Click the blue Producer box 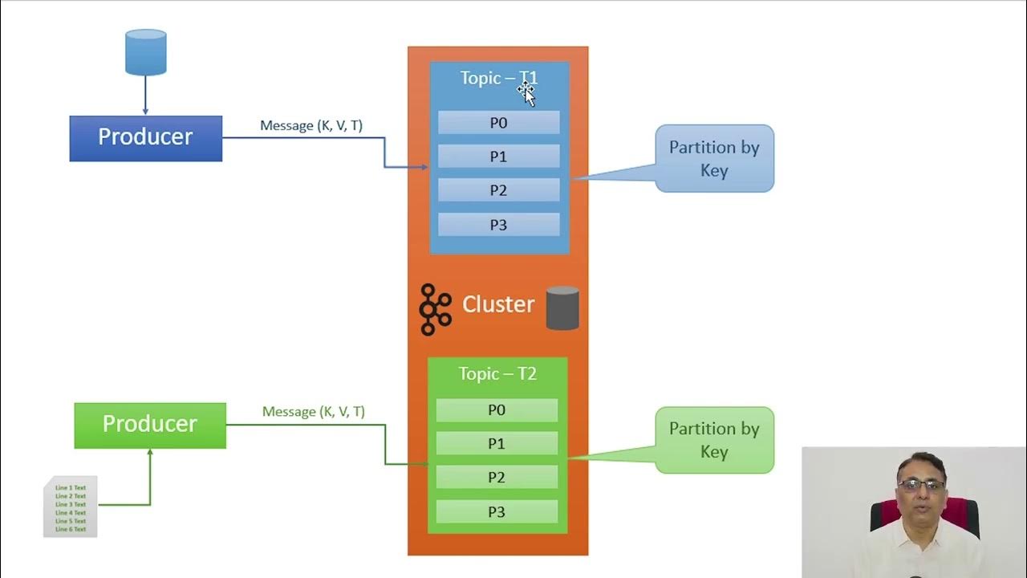145,138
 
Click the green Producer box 150,425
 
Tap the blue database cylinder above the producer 146,52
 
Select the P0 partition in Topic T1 498,123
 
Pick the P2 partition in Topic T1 498,190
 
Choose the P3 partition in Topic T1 498,225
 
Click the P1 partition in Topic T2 497,444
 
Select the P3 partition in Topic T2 497,512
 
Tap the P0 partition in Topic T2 497,410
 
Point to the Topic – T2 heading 497,374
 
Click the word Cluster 498,304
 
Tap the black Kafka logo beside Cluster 435,309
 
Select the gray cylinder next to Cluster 562,308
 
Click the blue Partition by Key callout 714,158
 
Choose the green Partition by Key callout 714,440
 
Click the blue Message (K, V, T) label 311,126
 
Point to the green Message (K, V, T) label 314,412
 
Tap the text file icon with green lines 71,507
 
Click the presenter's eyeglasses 921,485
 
